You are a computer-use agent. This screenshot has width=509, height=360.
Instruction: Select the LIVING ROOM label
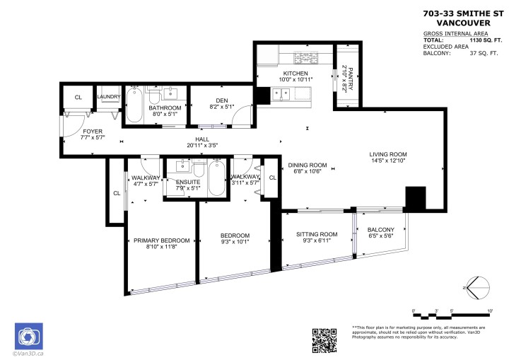point(387,154)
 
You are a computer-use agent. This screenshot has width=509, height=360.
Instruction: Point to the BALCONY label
point(380,229)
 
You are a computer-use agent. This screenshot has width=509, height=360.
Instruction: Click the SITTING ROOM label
point(316,234)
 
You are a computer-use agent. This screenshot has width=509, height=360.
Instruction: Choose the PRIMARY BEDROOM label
point(161,240)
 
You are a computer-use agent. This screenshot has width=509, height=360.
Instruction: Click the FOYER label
point(93,132)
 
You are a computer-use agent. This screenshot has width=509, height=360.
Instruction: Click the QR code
point(324,340)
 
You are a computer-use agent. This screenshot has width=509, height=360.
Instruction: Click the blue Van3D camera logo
point(29,336)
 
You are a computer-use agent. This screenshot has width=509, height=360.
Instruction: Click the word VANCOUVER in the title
point(462,21)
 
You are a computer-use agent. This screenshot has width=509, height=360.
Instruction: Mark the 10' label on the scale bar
point(488,310)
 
